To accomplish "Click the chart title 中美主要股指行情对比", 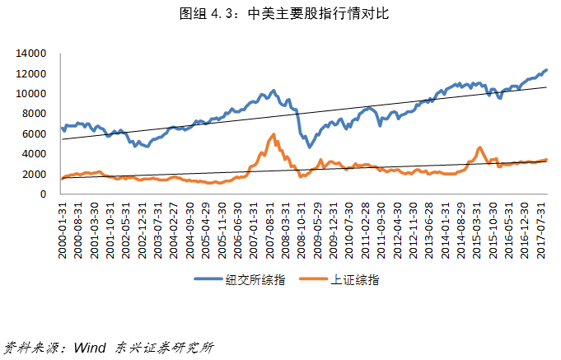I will click(x=280, y=13).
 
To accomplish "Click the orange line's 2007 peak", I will click(x=273, y=134).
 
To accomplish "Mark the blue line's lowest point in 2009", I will click(x=310, y=147).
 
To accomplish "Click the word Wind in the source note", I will click(x=87, y=348).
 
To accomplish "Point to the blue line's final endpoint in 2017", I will click(x=546, y=70).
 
